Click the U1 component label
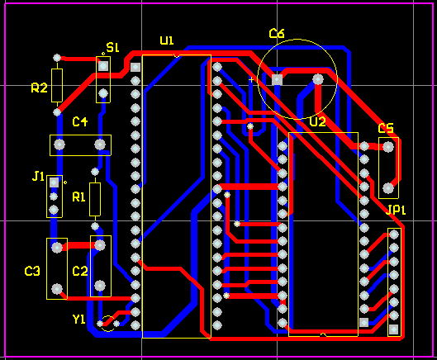tap(167, 40)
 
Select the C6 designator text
tap(277, 33)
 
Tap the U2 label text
tap(317, 121)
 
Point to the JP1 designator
tap(396, 210)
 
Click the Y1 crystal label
tap(78, 320)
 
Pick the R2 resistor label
tap(39, 88)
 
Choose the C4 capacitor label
tap(80, 121)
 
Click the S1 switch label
tap(113, 47)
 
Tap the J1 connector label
tap(38, 177)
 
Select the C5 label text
tap(386, 128)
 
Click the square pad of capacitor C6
tap(277, 80)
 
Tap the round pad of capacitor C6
tap(318, 80)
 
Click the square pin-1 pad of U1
tap(135, 67)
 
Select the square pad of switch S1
tap(103, 66)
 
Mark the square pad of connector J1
tap(54, 182)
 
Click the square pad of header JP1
tap(393, 329)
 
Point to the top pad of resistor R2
tap(57, 58)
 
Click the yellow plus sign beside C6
tap(251, 80)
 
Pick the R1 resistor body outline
tap(95, 199)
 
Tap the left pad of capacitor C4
tap(59, 144)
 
